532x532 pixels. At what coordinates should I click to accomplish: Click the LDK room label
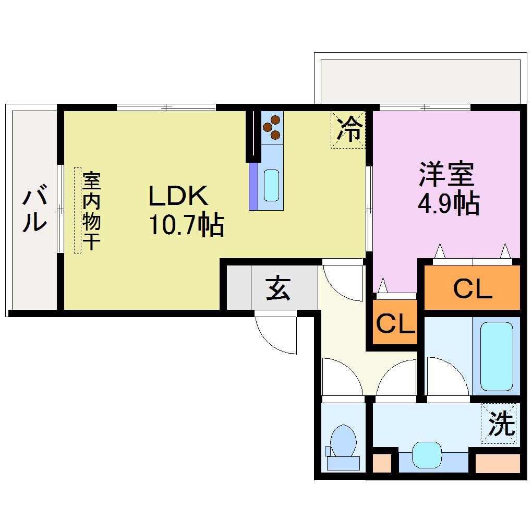tap(179, 196)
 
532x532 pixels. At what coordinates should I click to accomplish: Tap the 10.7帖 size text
tap(186, 225)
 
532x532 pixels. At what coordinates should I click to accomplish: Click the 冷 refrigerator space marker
tap(348, 129)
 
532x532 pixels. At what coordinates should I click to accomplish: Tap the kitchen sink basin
tap(271, 185)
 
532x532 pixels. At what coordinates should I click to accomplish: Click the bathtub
tap(496, 356)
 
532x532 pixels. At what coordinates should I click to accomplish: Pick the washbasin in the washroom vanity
tap(427, 454)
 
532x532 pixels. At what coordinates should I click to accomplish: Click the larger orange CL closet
tap(472, 288)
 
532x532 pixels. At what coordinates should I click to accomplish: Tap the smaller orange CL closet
tap(395, 323)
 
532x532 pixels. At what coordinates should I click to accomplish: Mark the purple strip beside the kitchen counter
tap(253, 186)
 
